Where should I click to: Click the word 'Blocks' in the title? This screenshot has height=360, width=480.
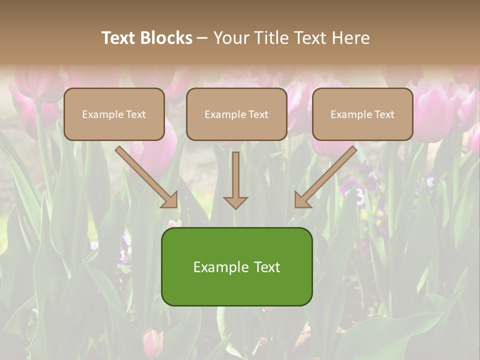click(x=166, y=38)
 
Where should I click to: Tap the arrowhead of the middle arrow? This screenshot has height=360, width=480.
click(x=235, y=202)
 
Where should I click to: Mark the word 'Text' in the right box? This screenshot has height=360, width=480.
click(x=384, y=114)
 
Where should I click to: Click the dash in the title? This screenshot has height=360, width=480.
click(x=203, y=38)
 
